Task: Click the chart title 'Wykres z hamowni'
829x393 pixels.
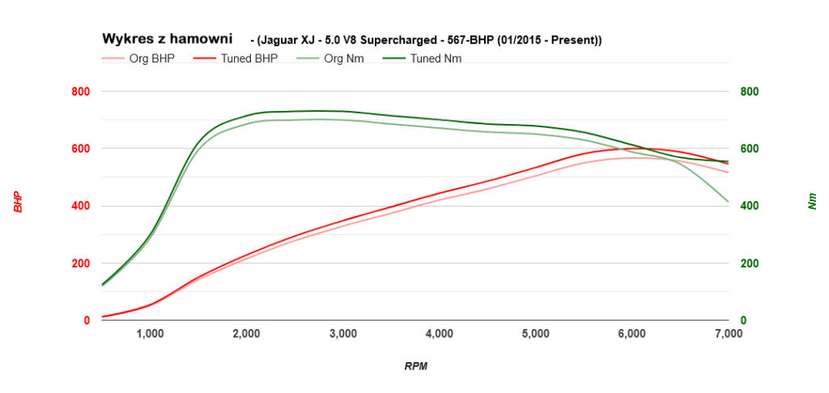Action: click(167, 39)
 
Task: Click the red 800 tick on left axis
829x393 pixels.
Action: click(79, 92)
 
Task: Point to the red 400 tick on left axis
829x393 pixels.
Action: click(79, 206)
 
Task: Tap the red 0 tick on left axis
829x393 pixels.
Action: click(86, 321)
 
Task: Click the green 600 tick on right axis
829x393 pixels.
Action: click(750, 149)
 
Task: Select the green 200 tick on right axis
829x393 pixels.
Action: click(750, 263)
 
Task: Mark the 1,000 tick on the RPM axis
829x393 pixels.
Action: click(150, 333)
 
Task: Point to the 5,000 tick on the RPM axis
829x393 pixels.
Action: click(536, 333)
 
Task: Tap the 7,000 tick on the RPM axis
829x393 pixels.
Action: click(729, 333)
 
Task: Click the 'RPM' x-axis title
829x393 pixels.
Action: click(415, 366)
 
